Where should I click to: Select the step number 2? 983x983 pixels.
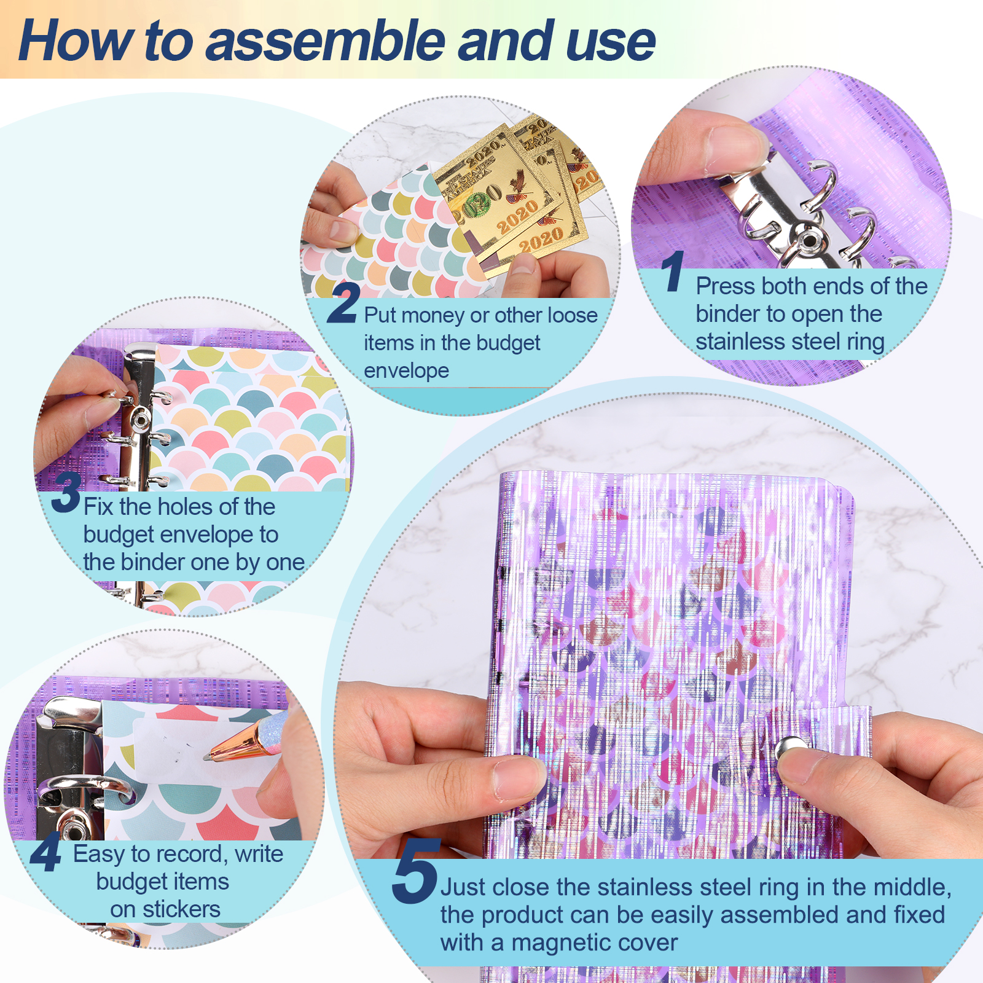coord(343,302)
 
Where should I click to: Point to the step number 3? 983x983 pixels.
coord(66,492)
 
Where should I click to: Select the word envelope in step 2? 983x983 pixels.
coord(406,371)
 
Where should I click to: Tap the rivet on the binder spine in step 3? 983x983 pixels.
coord(141,420)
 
